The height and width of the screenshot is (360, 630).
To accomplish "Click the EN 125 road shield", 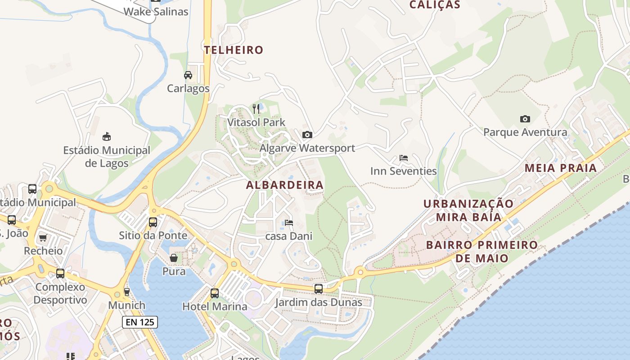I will tap(140, 322).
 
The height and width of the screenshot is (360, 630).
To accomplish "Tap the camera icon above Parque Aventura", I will tap(525, 119).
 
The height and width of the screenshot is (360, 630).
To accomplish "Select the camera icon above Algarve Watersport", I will tap(307, 135).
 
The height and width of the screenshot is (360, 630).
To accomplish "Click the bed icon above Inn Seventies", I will tap(404, 158).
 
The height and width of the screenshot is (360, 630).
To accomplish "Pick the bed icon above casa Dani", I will tap(289, 223).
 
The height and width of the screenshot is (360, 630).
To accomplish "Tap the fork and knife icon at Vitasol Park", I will tap(256, 108).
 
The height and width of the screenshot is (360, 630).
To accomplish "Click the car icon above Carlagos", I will tap(188, 75).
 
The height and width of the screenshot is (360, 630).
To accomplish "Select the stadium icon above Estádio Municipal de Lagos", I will tap(107, 136).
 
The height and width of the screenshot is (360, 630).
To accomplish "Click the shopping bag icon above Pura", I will tap(174, 258).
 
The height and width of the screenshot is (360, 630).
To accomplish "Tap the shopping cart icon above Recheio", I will tap(43, 238).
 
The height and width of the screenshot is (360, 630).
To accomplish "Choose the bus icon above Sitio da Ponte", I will tap(153, 222).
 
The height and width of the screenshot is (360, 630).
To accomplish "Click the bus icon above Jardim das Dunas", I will tap(319, 288).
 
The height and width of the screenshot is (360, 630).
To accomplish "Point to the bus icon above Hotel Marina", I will tap(215, 293).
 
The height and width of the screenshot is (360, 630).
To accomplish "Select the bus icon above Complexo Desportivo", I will tap(60, 273).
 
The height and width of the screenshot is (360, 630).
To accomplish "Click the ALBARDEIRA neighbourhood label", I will tap(285, 185).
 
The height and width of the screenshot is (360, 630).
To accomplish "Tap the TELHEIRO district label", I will tap(234, 50).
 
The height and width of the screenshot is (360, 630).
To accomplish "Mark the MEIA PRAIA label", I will tap(561, 168).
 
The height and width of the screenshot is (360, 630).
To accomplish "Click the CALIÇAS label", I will tap(435, 5).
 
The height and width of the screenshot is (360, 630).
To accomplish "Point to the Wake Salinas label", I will tap(156, 12).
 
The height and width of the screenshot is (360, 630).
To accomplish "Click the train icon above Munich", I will tap(127, 292).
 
